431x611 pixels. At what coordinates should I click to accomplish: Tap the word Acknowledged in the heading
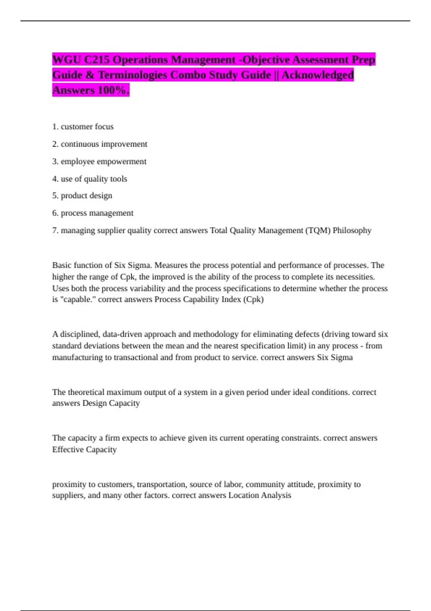pos(318,75)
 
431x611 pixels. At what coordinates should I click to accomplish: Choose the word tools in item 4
pos(118,179)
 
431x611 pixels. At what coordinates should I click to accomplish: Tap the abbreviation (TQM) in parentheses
pos(318,230)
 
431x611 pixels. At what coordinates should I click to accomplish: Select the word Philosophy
pos(352,230)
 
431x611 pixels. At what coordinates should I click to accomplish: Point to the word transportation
pos(161,484)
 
